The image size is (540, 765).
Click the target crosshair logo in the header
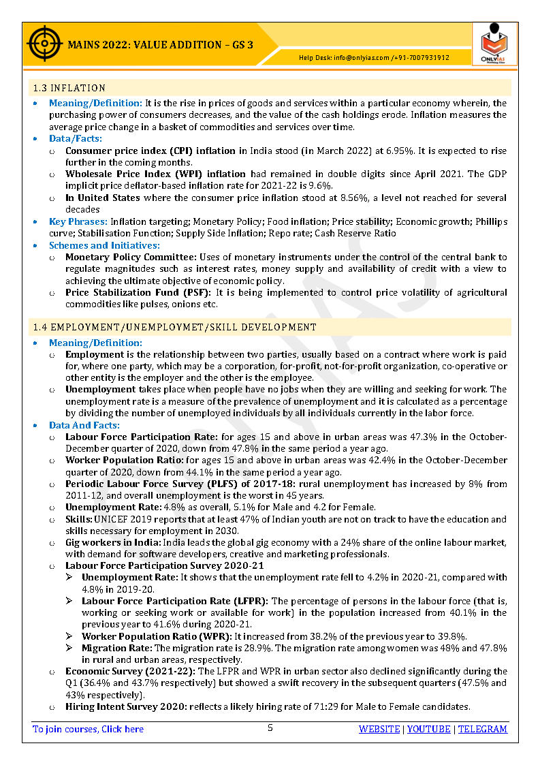point(42,44)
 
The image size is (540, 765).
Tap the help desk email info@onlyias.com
point(361,58)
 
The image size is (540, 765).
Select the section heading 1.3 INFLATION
point(69,88)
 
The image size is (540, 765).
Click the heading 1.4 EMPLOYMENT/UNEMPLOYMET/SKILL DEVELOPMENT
point(175,327)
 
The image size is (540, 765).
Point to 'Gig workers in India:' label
point(112,543)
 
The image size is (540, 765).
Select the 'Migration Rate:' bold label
point(116,649)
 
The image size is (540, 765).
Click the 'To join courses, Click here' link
point(89,729)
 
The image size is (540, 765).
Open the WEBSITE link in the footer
point(379,729)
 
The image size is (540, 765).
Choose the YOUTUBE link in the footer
point(429,729)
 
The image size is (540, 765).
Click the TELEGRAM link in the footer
point(482,729)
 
